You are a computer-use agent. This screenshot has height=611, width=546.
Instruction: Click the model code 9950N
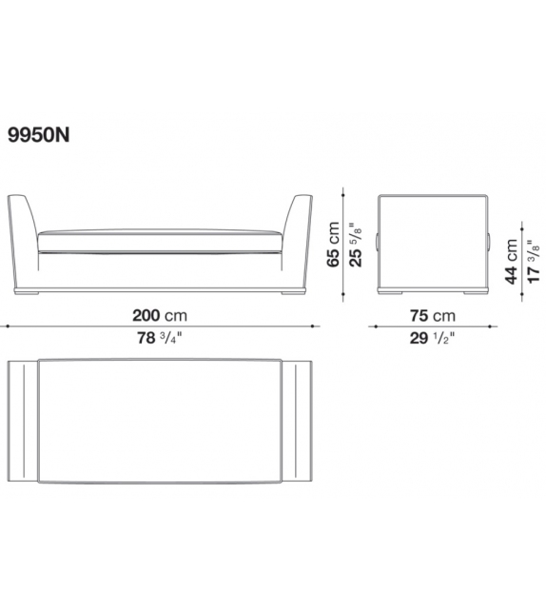(39, 135)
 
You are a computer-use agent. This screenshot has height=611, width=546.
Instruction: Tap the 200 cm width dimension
(160, 315)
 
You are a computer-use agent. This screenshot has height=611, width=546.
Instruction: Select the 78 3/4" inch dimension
(159, 338)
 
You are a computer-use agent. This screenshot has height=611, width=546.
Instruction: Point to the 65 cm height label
(333, 245)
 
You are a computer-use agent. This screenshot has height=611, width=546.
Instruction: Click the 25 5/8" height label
(355, 245)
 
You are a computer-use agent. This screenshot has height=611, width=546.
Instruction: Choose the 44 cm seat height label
(511, 261)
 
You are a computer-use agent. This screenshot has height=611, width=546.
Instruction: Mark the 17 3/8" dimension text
(533, 261)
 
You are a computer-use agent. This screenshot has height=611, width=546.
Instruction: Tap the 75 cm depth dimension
(432, 315)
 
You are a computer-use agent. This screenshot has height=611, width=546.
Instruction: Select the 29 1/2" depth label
(432, 338)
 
